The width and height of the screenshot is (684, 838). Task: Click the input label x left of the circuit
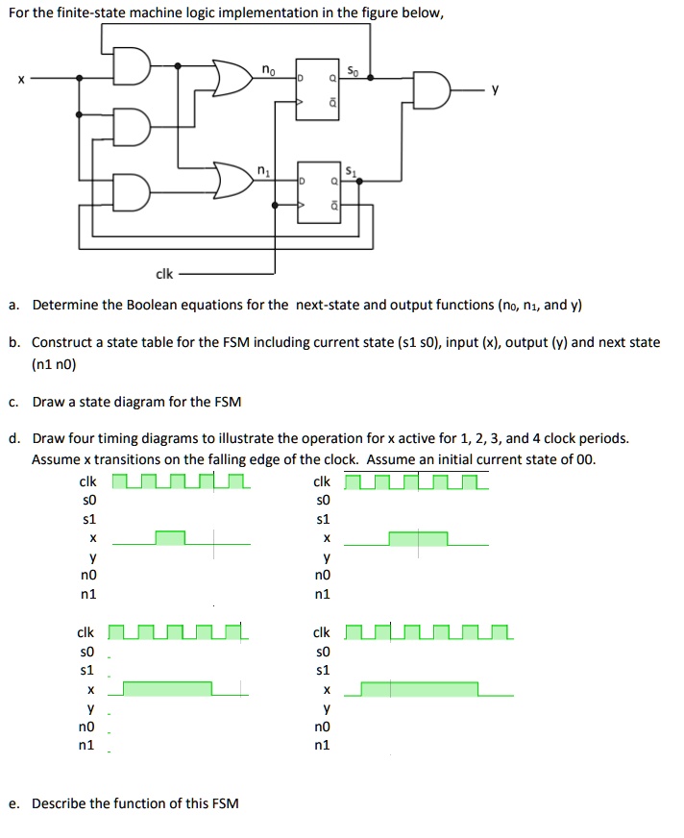pyautogui.click(x=14, y=82)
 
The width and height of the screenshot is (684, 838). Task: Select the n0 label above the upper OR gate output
pyautogui.click(x=269, y=68)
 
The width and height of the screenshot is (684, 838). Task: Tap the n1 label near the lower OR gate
pyautogui.click(x=261, y=171)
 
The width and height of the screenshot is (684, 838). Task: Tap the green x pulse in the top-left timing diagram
pyautogui.click(x=170, y=538)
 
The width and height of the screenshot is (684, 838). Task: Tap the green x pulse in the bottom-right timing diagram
pyautogui.click(x=419, y=688)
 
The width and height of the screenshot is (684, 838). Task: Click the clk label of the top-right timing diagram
pyautogui.click(x=322, y=481)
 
